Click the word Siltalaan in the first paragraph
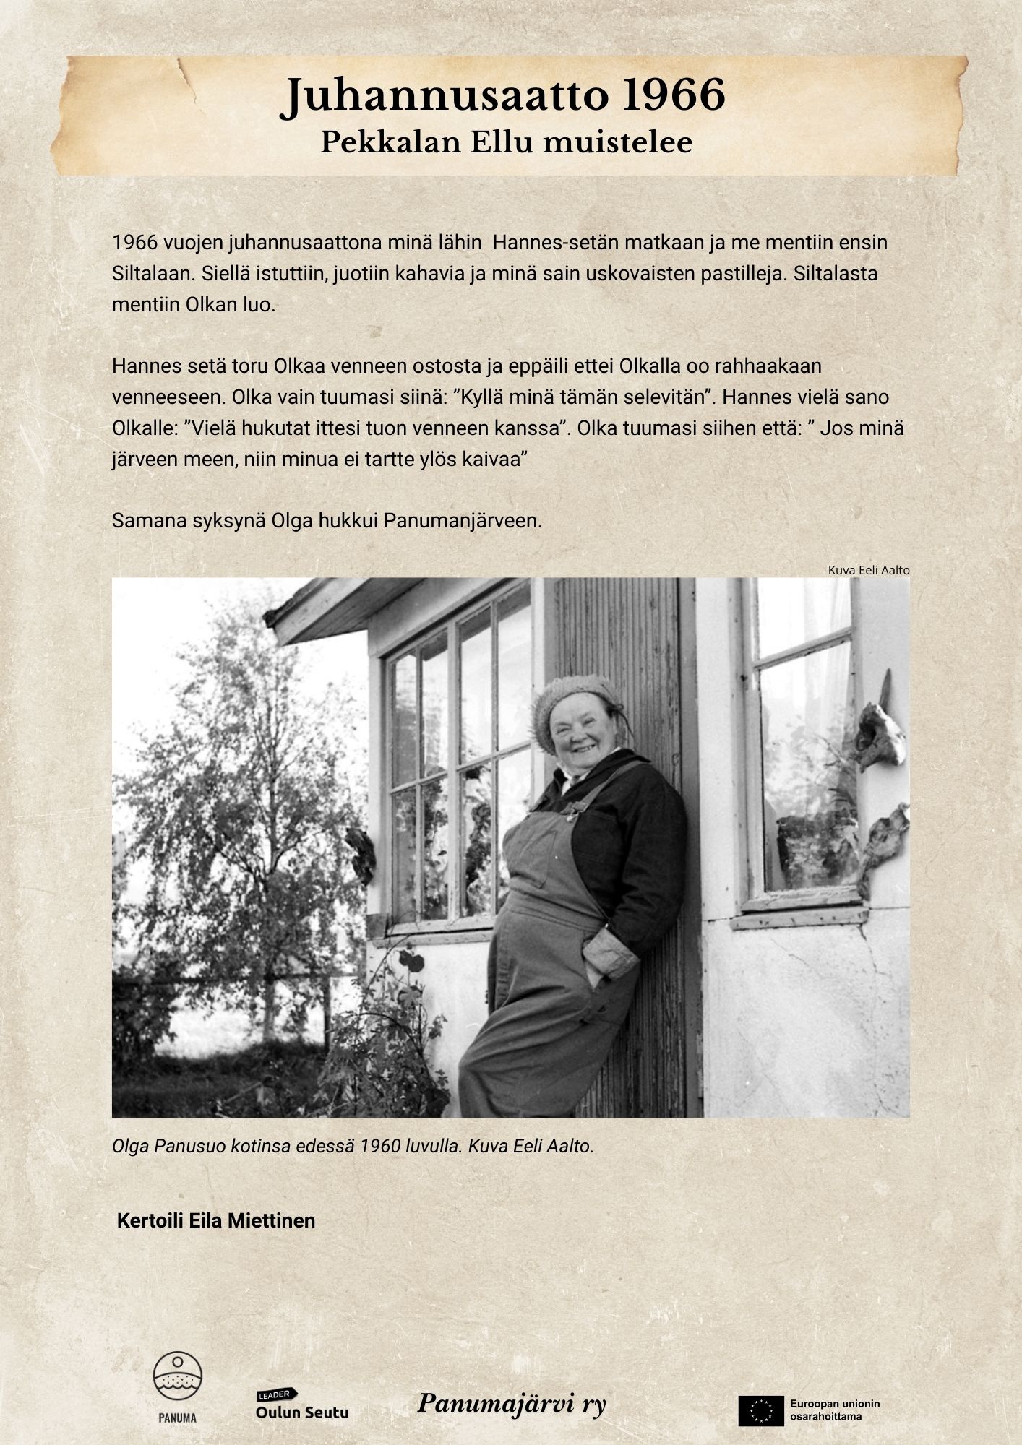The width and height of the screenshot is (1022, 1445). tap(151, 274)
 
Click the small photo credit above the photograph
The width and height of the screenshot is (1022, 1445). tap(868, 570)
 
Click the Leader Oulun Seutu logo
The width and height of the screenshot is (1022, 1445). tap(301, 1404)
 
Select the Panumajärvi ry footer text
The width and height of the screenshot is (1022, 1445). tap(512, 1403)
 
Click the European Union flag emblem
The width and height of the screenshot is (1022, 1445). tap(760, 1410)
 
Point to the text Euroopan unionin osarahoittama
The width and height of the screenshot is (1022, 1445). tap(835, 1410)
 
